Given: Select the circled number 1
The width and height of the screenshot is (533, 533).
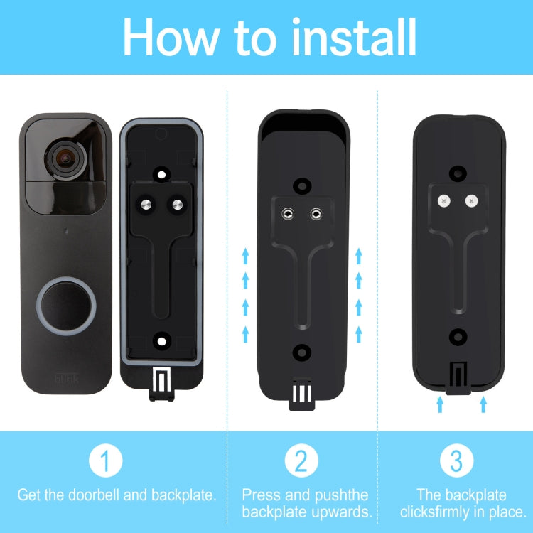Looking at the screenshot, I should [106, 462].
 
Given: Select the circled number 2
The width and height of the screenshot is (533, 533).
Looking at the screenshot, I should [301, 462].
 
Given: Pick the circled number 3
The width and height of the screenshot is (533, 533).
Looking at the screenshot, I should [457, 462].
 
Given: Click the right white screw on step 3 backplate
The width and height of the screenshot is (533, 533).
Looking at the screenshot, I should [470, 201].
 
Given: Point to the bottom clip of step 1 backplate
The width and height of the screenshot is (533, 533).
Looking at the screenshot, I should [163, 384].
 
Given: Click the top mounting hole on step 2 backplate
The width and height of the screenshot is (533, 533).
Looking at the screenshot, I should [303, 184].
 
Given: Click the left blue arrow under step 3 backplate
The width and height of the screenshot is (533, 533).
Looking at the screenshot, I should [440, 404].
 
